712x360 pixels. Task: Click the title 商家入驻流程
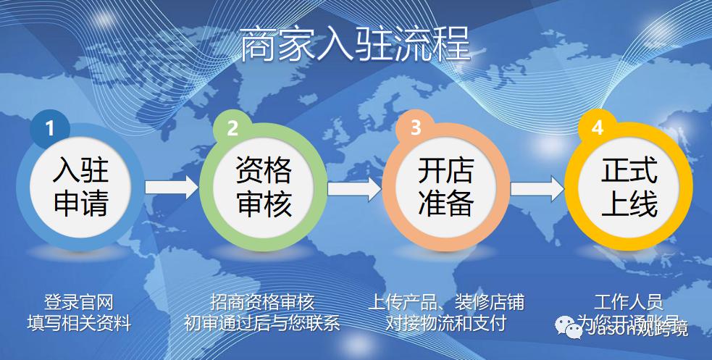click(x=355, y=45)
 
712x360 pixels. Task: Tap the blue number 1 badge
click(x=50, y=128)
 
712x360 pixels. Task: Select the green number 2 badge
click(x=233, y=128)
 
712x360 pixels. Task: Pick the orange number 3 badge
click(x=415, y=128)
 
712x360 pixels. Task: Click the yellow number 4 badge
click(x=598, y=128)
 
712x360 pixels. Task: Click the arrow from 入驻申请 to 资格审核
click(x=171, y=188)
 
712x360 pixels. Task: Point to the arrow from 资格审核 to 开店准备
click(x=353, y=188)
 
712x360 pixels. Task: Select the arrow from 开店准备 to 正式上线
click(x=537, y=188)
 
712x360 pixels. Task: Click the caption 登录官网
click(x=79, y=302)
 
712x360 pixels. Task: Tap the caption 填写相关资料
click(x=79, y=322)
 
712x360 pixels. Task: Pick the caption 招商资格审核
click(x=262, y=302)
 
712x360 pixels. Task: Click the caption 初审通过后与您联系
click(x=262, y=322)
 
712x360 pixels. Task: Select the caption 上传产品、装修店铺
click(x=445, y=302)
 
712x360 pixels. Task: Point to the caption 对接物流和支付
click(x=445, y=322)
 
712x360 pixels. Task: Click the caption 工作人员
click(x=628, y=302)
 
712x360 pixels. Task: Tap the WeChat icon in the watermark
click(x=574, y=330)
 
